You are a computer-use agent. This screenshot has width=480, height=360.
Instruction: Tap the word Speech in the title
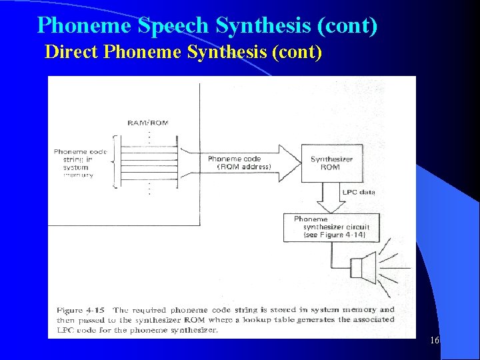pos(173,25)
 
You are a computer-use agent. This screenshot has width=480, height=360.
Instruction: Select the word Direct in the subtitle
pos(72,52)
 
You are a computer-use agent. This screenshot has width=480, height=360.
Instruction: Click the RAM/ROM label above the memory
pos(148,123)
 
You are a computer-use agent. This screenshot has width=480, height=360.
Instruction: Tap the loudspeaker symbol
pos(359,267)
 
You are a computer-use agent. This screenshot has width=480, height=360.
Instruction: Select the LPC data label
pos(359,192)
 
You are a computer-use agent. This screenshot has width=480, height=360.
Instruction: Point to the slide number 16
pos(434,341)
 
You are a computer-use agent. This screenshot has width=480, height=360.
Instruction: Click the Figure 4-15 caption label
pos(79,310)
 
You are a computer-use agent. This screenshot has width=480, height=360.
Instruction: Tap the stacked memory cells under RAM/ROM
pos(148,162)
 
